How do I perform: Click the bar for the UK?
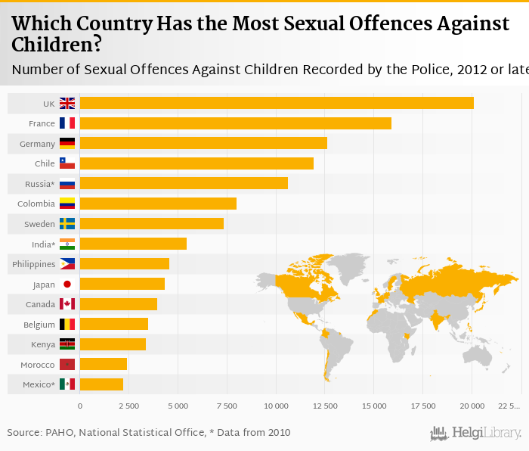click(276, 103)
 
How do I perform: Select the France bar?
click(235, 123)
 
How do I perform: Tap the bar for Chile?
click(196, 163)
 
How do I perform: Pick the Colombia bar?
click(157, 204)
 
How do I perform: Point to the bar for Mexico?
click(101, 384)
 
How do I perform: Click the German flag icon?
click(67, 143)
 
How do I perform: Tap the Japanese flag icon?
click(67, 285)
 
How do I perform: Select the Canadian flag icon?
click(67, 304)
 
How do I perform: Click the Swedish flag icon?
click(67, 223)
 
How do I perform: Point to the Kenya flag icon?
click(67, 344)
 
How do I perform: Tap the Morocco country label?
click(38, 365)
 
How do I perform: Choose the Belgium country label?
click(39, 325)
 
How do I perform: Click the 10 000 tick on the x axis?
click(276, 406)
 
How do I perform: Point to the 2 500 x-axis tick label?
click(128, 406)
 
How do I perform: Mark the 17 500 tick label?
click(423, 406)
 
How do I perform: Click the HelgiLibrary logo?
click(475, 434)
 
